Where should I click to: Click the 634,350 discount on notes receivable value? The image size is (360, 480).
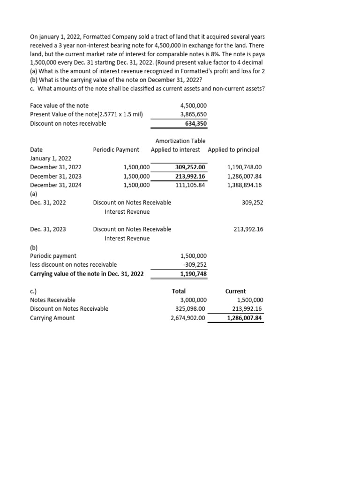coord(196,124)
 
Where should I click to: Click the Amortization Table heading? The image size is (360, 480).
coord(180,141)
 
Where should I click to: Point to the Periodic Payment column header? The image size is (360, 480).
coord(116,150)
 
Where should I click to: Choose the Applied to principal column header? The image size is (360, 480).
coord(233,150)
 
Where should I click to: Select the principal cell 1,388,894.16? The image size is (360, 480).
coord(244,185)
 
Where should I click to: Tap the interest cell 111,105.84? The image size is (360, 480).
coord(190,185)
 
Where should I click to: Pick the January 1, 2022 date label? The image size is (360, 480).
coord(51,158)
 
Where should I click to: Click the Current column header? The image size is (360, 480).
coord(235,292)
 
